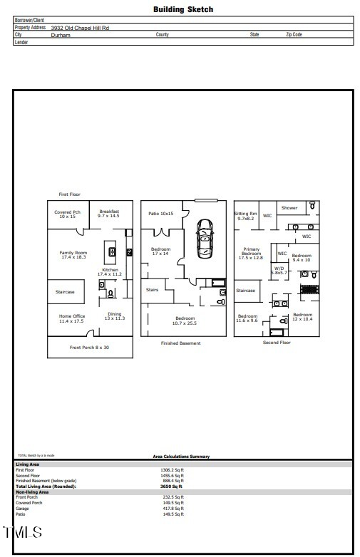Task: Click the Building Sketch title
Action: click(x=183, y=10)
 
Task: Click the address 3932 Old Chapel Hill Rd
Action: click(x=80, y=27)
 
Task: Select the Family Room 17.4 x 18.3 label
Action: click(x=73, y=254)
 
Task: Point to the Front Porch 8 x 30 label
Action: click(x=90, y=347)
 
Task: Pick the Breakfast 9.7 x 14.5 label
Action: click(x=109, y=214)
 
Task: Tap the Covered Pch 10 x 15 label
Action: click(x=67, y=214)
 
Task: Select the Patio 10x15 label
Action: click(x=161, y=214)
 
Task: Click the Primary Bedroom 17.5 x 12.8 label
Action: click(x=252, y=254)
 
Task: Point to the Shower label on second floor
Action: click(x=289, y=208)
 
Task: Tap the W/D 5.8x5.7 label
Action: click(x=278, y=271)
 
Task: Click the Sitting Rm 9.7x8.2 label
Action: click(x=246, y=216)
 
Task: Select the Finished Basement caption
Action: click(x=180, y=343)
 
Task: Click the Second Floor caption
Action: click(x=276, y=342)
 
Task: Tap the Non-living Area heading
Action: click(x=32, y=491)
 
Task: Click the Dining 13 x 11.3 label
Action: click(x=115, y=316)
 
